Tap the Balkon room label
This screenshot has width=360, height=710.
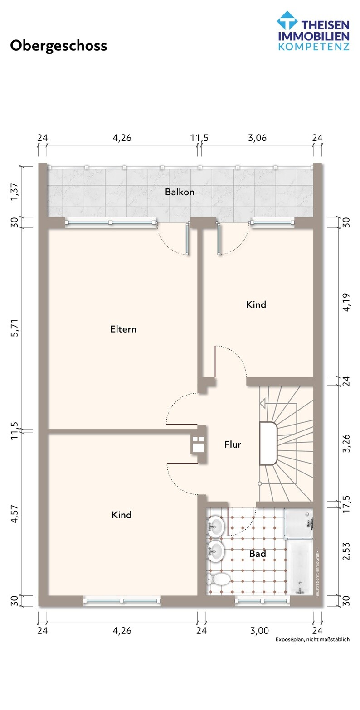click(180, 192)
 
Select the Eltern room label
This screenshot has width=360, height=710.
click(123, 329)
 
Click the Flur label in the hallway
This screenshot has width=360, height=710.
click(233, 444)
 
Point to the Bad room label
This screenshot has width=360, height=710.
click(257, 554)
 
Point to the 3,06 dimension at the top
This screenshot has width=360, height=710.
click(257, 138)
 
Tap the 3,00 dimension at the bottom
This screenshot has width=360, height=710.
click(259, 630)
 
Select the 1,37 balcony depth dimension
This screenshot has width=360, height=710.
click(15, 192)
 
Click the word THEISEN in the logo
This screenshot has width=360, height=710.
click(325, 25)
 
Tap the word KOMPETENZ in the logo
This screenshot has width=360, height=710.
click(314, 47)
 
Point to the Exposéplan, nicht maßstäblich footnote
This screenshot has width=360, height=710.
click(312, 639)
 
